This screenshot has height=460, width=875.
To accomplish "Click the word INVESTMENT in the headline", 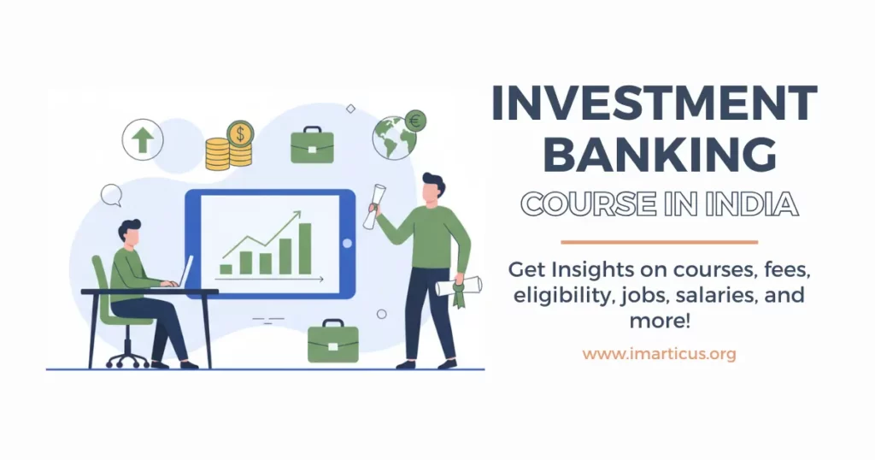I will tap(655, 104).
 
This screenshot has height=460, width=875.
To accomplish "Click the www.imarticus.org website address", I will tap(659, 353).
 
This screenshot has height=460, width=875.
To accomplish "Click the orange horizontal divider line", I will tap(659, 242).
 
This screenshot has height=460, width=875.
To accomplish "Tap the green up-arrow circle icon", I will tap(142, 139).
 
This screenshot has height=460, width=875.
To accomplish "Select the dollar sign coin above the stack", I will tap(241, 133).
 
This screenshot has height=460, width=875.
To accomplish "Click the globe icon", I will tap(393, 139).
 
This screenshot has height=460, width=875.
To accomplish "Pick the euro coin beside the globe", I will tap(416, 121).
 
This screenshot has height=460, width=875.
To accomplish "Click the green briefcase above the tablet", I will tap(311, 145).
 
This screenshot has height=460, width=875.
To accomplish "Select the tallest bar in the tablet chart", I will tap(304, 248).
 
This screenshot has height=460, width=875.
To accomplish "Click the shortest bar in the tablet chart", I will tap(226, 268).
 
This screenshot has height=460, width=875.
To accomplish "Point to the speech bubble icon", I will tap(111, 195).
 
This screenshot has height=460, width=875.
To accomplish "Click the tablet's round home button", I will tap(346, 244).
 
